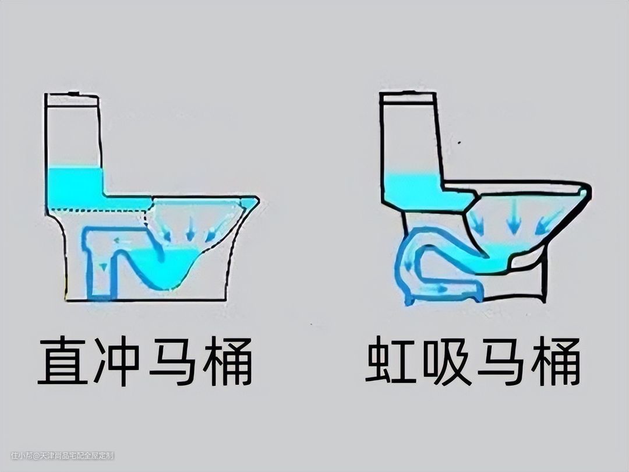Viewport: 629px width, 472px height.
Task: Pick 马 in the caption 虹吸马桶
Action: pos(501,360)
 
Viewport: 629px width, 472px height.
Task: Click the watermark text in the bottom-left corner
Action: pos(62,456)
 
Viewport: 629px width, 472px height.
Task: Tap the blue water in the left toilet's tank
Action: pos(75,186)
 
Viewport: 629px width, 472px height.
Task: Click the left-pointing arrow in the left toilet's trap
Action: pos(123,241)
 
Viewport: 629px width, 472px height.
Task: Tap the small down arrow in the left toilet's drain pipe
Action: pos(104,266)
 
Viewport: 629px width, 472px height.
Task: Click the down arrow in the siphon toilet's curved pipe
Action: pos(409,265)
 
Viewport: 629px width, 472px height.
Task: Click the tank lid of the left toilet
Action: pos(73,100)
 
